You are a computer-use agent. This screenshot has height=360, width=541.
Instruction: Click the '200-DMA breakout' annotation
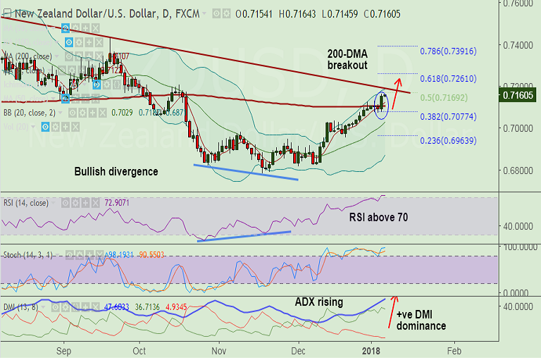[347, 59]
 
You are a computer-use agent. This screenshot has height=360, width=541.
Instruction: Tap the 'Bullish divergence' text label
[117, 171]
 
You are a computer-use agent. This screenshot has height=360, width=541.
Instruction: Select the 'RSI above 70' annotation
[378, 218]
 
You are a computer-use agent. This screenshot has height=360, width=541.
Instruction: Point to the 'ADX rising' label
[318, 302]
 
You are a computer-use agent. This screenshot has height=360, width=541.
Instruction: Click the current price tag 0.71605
[521, 94]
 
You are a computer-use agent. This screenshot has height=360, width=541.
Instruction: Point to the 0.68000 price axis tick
[520, 170]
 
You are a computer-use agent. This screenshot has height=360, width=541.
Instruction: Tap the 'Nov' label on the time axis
[219, 350]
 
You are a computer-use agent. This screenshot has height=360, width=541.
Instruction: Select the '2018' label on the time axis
[375, 350]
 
